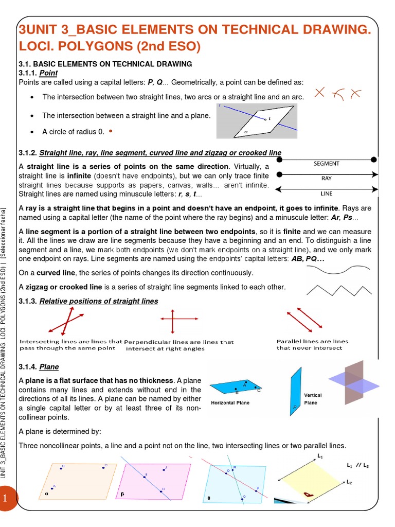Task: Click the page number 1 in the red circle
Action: tap(5, 499)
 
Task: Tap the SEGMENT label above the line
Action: tap(326, 164)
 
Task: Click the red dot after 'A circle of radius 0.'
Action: tap(111, 131)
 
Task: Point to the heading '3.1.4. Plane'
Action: tap(39, 367)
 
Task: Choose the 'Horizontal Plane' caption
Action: tap(230, 402)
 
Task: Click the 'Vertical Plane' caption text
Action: tap(313, 399)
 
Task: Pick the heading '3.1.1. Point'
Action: tap(38, 73)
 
